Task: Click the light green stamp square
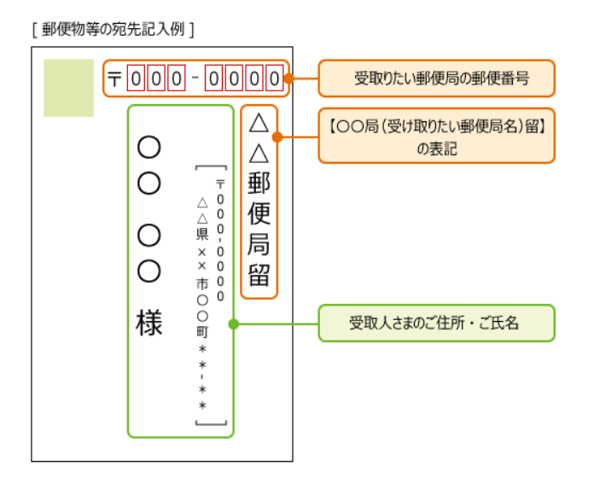point(68,88)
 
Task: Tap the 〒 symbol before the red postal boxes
point(115,79)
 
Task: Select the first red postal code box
point(137,79)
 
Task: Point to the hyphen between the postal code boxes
point(195,79)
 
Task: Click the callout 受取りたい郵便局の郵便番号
point(436,79)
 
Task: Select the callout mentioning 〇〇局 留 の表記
point(436,136)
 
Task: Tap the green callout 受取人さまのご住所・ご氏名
point(436,324)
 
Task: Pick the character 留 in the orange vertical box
point(259,276)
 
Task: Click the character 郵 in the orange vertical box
point(259,184)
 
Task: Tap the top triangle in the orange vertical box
point(259,124)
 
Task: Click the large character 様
point(149,324)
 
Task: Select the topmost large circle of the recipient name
point(149,148)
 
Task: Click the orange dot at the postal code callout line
point(288,79)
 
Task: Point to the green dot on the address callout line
point(233,324)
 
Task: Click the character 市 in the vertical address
point(202,283)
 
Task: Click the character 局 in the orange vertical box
point(259,246)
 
